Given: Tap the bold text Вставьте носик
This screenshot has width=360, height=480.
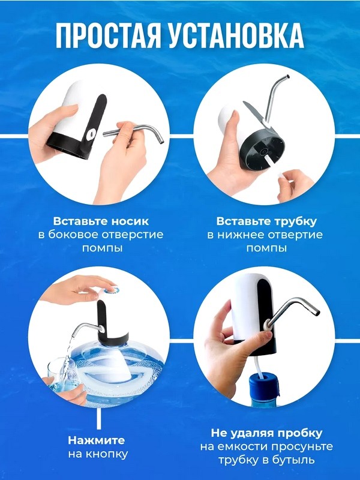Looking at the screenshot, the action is (x=101, y=221).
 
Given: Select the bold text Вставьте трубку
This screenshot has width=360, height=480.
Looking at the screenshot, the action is (x=266, y=221).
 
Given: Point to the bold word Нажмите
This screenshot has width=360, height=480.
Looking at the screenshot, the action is (x=97, y=440).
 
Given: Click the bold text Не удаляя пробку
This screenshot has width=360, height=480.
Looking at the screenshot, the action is (x=266, y=433).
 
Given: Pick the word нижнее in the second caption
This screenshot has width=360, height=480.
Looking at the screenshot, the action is (x=242, y=235).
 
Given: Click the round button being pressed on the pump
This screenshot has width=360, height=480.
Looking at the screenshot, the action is (x=110, y=290).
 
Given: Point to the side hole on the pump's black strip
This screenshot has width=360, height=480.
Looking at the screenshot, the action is (x=92, y=133).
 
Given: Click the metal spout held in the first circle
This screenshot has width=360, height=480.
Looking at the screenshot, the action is (x=134, y=133).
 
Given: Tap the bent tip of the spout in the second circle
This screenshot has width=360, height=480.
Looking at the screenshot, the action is (x=287, y=77).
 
